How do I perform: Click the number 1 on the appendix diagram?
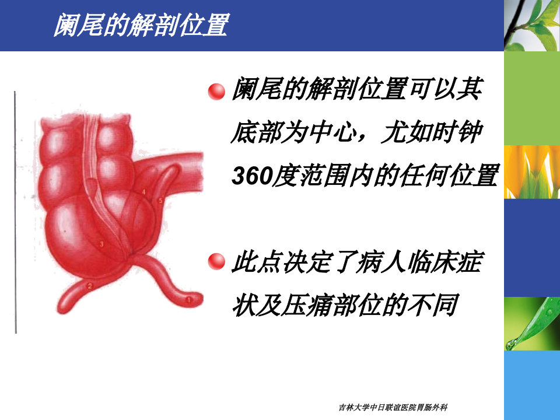pyautogui.click(x=188, y=300)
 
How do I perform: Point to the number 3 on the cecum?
pyautogui.click(x=101, y=245)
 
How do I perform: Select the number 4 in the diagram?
pyautogui.click(x=143, y=191)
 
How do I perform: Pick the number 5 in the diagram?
pyautogui.click(x=160, y=201)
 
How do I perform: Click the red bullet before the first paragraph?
pyautogui.click(x=216, y=92)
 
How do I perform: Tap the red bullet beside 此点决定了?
pyautogui.click(x=216, y=262)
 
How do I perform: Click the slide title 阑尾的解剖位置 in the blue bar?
pyautogui.click(x=140, y=25)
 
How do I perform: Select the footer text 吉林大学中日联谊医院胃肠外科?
pyautogui.click(x=397, y=407)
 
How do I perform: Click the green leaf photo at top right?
pyautogui.click(x=531, y=25)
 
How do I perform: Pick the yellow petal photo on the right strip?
pyautogui.click(x=531, y=171)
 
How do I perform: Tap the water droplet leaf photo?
pyautogui.click(x=531, y=324)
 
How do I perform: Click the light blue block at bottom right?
pyautogui.click(x=531, y=385)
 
